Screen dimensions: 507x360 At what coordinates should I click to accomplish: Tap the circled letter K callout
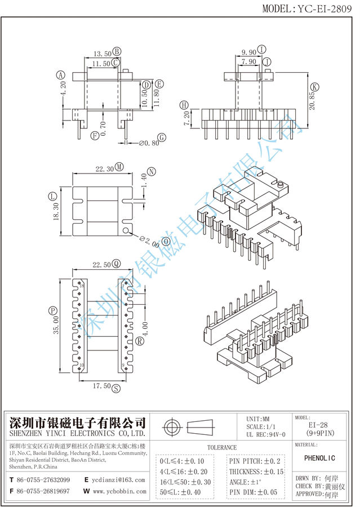pos(314,87)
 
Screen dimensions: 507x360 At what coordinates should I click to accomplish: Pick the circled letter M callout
pos(119,168)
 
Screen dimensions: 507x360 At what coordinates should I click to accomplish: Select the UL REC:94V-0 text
pos(265,435)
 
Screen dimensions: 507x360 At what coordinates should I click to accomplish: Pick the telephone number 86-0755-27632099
pos(43,480)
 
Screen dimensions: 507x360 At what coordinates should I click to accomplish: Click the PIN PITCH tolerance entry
pos(255,461)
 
